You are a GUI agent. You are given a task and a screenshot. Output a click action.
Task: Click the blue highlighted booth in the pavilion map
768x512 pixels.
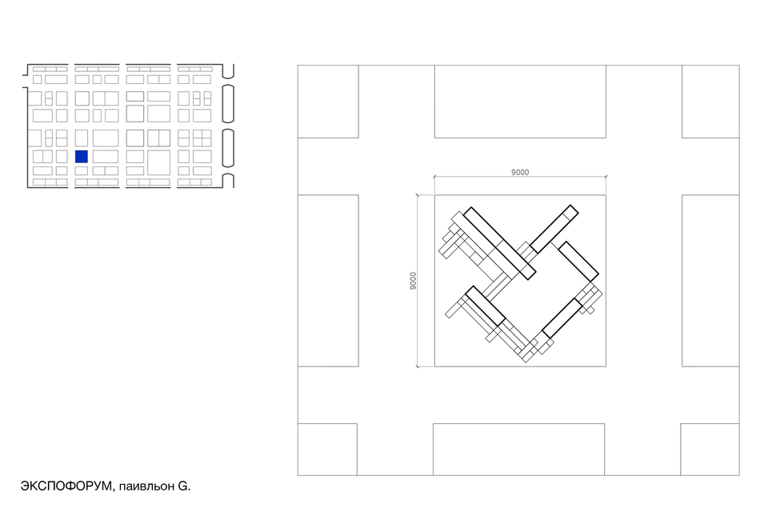[x=82, y=156]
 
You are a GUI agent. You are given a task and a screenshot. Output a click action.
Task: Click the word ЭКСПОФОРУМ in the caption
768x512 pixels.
[x=66, y=486]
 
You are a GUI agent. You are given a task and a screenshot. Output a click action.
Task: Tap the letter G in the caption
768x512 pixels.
[x=182, y=486]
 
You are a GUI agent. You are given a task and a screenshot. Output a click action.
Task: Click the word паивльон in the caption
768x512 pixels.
[x=146, y=486]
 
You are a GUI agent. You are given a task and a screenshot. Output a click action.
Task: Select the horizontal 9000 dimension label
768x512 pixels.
[x=520, y=172]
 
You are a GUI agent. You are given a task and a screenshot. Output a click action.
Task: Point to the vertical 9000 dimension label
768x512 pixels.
[x=413, y=281]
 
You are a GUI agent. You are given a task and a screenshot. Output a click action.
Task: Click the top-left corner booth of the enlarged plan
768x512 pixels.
[x=328, y=102]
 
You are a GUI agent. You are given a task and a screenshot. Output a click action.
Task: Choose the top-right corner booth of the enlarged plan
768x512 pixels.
[x=710, y=102]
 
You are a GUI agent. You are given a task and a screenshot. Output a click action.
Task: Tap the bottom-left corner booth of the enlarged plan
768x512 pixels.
[x=327, y=450]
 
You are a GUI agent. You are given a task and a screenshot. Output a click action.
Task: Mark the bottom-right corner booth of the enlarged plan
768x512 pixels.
[x=710, y=450]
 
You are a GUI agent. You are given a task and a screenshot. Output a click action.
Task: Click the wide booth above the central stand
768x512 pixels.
[x=520, y=102]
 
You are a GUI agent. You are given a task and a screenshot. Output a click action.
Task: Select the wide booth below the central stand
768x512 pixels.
[x=518, y=450]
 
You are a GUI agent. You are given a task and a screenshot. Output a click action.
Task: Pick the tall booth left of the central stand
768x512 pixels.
[x=328, y=281]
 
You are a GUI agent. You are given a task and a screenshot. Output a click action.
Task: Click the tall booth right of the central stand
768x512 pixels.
[x=710, y=281]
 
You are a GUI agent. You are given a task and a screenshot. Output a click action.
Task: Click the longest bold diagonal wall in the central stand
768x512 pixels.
[x=499, y=243]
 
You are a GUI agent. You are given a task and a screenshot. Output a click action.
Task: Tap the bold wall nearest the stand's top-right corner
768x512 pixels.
[x=554, y=229]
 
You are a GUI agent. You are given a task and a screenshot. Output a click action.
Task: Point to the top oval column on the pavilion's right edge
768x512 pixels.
[x=228, y=103]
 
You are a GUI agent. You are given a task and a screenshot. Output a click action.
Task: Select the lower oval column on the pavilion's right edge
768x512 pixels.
[x=228, y=148]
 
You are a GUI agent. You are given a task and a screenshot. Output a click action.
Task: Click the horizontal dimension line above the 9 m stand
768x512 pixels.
[x=520, y=177]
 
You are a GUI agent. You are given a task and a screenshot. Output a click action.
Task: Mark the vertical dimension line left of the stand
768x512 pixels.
[x=418, y=281]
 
